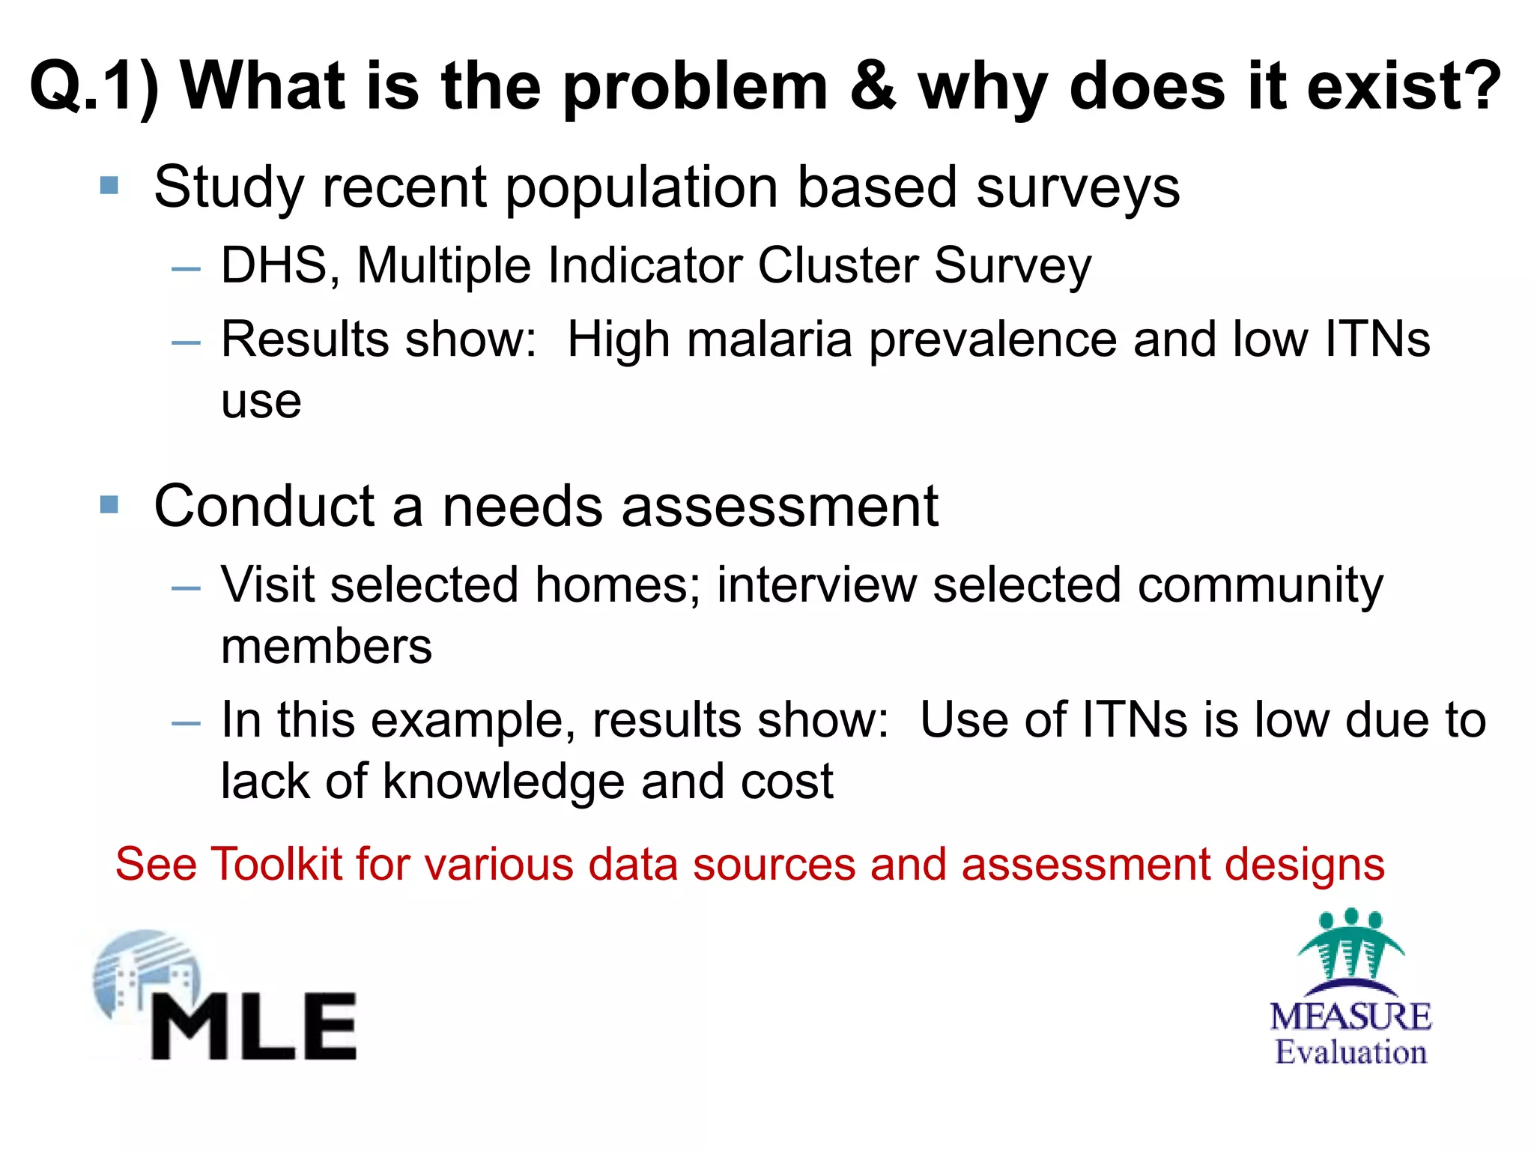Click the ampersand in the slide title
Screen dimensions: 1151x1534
873,87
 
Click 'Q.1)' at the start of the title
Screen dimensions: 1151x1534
94,88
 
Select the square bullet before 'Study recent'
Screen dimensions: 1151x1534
109,185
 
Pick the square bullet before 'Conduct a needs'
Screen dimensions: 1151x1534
109,504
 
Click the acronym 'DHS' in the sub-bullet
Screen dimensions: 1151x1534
274,265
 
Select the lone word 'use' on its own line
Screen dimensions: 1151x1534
261,403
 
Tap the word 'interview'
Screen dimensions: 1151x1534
816,584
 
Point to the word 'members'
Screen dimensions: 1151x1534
327,647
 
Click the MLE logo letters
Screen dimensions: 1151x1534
255,1027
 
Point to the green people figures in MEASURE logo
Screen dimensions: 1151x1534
1350,944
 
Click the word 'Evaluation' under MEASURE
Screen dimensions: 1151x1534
1350,1052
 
